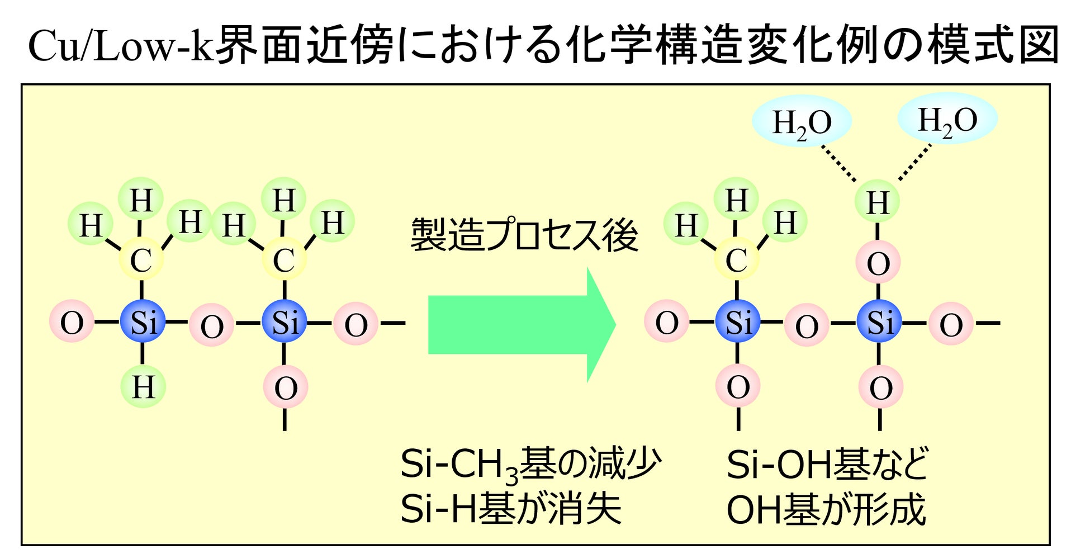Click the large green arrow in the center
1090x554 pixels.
pyautogui.click(x=521, y=325)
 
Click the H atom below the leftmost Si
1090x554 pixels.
pyautogui.click(x=143, y=386)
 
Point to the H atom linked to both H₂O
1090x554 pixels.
pyautogui.click(x=878, y=202)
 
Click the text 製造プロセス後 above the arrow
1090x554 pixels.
pyautogui.click(x=524, y=235)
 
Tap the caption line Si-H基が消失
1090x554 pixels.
pyautogui.click(x=511, y=508)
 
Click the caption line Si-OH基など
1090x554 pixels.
pyautogui.click(x=827, y=464)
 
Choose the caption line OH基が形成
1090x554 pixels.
pyautogui.click(x=826, y=509)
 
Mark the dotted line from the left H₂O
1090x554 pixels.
pyautogui.click(x=838, y=164)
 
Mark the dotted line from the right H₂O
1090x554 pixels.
pyautogui.click(x=915, y=162)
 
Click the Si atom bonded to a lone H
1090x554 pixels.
pyautogui.click(x=143, y=322)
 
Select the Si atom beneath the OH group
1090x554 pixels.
pyautogui.click(x=879, y=322)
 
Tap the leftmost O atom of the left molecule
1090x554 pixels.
pyautogui.click(x=72, y=323)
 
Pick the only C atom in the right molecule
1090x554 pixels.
pyautogui.click(x=737, y=259)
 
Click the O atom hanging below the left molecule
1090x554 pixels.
pyautogui.click(x=285, y=387)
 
